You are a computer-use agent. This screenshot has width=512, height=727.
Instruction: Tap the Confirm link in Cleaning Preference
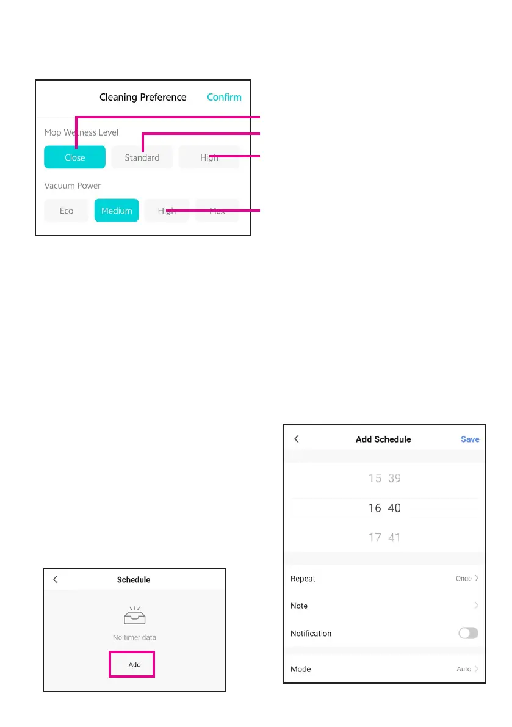tap(224, 97)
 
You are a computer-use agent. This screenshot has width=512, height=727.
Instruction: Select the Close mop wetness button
tap(74, 157)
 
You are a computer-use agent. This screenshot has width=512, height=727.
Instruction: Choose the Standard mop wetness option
tap(142, 157)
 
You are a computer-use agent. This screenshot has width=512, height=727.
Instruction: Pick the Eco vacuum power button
tap(67, 211)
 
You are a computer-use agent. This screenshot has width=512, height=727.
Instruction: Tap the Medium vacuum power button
tap(117, 211)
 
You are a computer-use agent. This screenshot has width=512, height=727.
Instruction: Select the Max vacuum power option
tap(217, 211)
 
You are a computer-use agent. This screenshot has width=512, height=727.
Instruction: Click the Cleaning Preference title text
tap(143, 97)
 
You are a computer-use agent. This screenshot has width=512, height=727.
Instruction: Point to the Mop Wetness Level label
tap(81, 132)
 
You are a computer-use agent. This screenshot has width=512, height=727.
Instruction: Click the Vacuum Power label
tap(73, 186)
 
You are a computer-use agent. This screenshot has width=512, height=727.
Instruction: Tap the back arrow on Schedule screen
tap(56, 579)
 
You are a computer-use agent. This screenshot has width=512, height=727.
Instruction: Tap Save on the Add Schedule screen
tap(470, 439)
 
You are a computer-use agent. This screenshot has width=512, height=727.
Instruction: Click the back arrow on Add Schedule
tap(297, 439)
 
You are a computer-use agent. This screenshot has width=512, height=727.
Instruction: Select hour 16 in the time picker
tap(375, 508)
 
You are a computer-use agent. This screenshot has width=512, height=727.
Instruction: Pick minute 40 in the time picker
tap(395, 508)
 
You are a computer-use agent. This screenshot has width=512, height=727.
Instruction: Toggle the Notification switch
tap(468, 633)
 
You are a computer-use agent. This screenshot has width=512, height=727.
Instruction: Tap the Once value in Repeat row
tap(464, 579)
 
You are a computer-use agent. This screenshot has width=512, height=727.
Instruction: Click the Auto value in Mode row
tap(464, 669)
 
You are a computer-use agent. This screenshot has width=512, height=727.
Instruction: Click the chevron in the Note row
tap(476, 606)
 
